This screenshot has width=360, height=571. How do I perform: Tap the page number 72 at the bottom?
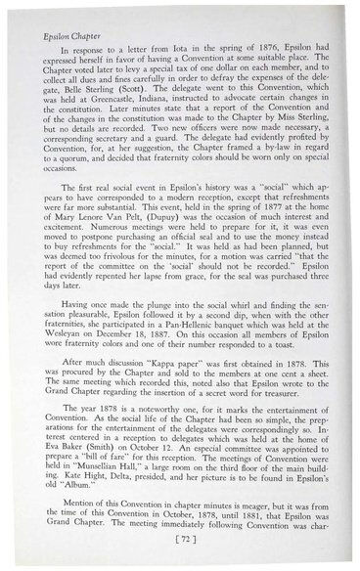(x=179, y=539)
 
